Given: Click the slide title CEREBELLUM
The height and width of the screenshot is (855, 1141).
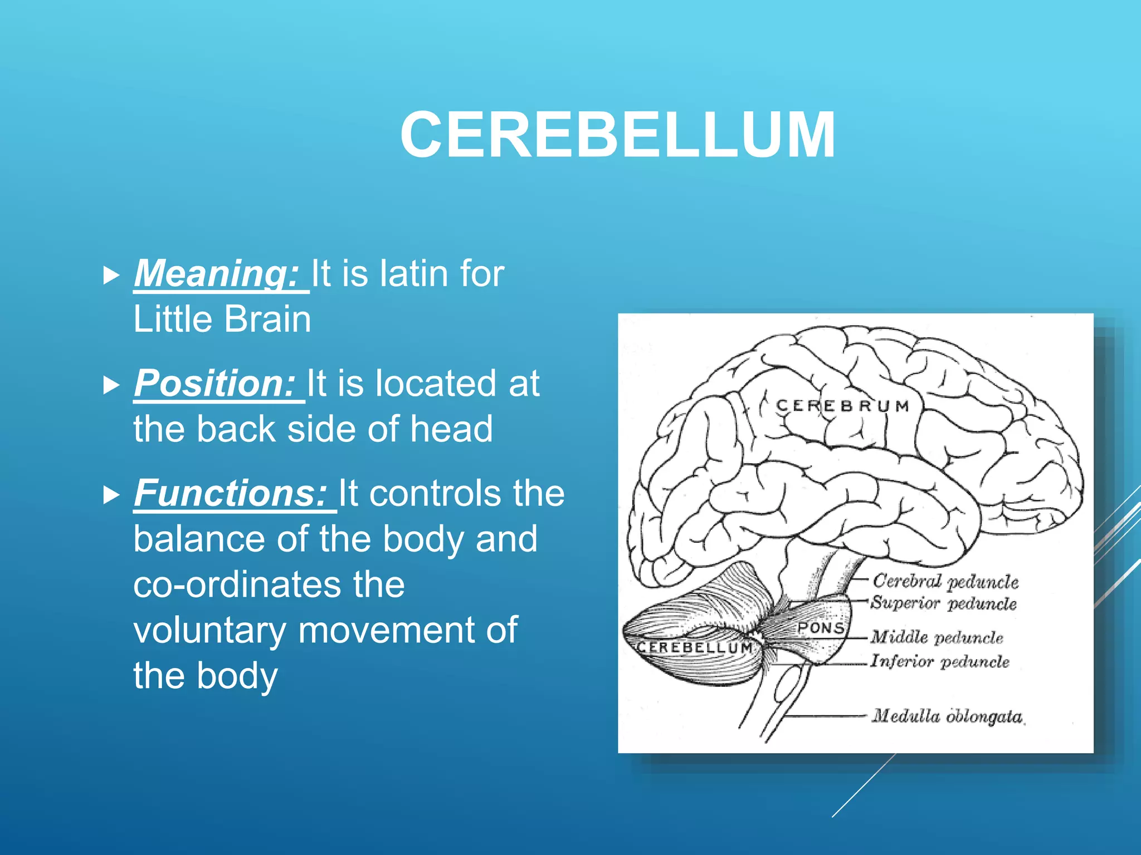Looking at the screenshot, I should (617, 135).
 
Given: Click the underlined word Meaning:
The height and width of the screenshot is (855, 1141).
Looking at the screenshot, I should (218, 273).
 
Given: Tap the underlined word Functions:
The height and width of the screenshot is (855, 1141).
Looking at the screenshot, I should (231, 493).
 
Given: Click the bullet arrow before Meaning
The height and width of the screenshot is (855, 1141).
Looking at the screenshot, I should (112, 275).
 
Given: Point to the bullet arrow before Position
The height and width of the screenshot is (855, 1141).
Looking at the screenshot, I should (112, 385).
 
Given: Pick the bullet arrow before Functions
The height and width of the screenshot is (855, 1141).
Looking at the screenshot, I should (112, 494).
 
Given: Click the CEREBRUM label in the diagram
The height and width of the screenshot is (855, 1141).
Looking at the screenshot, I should (842, 406).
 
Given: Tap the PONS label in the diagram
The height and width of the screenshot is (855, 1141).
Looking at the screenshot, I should (821, 628).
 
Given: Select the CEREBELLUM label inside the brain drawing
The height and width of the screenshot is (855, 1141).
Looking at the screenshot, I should (695, 647).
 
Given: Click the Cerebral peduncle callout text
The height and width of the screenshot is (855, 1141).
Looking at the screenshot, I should (945, 581).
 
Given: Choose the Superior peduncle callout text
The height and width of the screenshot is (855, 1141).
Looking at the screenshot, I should (944, 603).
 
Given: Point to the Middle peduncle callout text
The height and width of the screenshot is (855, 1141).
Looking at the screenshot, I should (937, 637).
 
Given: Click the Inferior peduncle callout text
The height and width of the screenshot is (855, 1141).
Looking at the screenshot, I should (940, 661).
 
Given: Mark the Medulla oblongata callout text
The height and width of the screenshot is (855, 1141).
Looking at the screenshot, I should (948, 716).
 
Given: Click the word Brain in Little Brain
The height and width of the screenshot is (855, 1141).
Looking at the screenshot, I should (267, 320).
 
